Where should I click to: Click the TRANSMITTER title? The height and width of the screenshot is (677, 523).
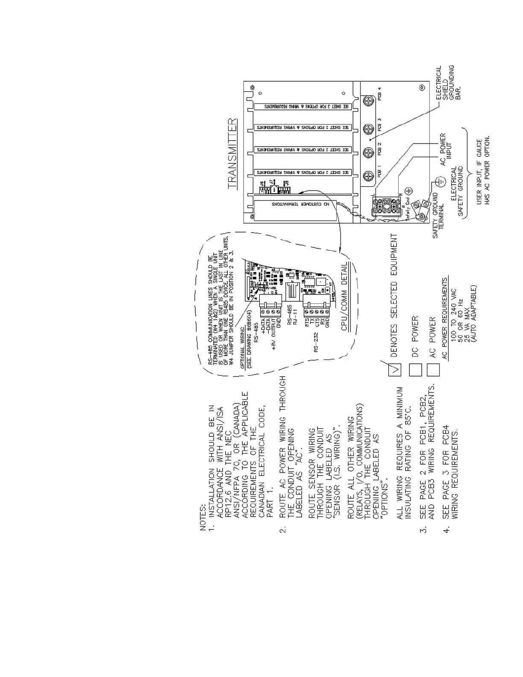click(x=232, y=154)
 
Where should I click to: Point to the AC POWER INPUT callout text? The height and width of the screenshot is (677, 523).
click(x=446, y=149)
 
